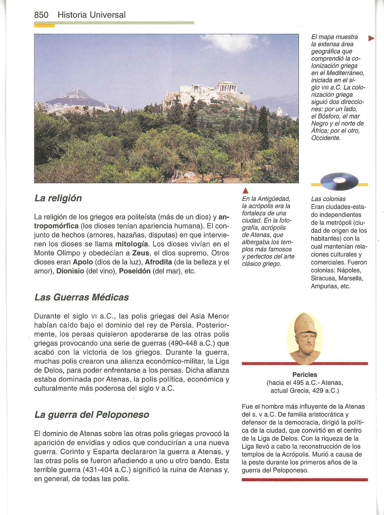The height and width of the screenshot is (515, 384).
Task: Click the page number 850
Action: (41, 15)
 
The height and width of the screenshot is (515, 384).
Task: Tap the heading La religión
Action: (58, 198)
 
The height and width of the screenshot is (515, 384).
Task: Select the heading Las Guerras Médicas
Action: (82, 297)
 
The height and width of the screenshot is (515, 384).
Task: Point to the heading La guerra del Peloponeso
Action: (92, 414)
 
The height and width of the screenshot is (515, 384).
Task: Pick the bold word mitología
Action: (132, 244)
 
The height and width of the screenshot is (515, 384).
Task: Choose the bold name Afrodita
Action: (159, 262)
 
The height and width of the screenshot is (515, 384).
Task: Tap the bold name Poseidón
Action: (135, 271)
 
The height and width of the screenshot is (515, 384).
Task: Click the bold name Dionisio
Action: (70, 271)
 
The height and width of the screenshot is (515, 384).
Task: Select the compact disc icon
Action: (339, 181)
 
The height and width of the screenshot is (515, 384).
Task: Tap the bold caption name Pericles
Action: (305, 375)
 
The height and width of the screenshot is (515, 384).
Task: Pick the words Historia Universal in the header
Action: (91, 15)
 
